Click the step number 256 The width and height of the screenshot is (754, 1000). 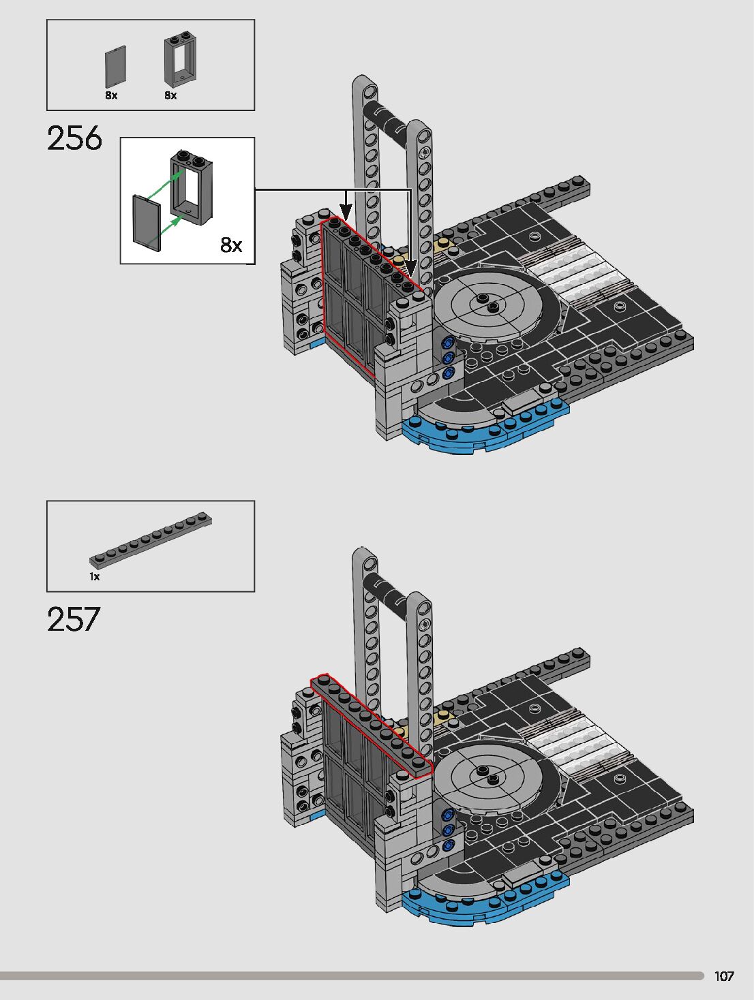(x=74, y=138)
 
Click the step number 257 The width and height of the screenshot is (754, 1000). (x=74, y=619)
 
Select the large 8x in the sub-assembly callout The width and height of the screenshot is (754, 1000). (x=231, y=245)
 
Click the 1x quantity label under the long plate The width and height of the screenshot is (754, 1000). (x=94, y=577)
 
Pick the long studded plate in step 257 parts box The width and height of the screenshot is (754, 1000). (x=151, y=540)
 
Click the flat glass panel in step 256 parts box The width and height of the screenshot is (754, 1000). (x=115, y=67)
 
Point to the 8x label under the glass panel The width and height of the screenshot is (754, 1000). (x=111, y=95)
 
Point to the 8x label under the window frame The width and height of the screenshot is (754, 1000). (x=170, y=95)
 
